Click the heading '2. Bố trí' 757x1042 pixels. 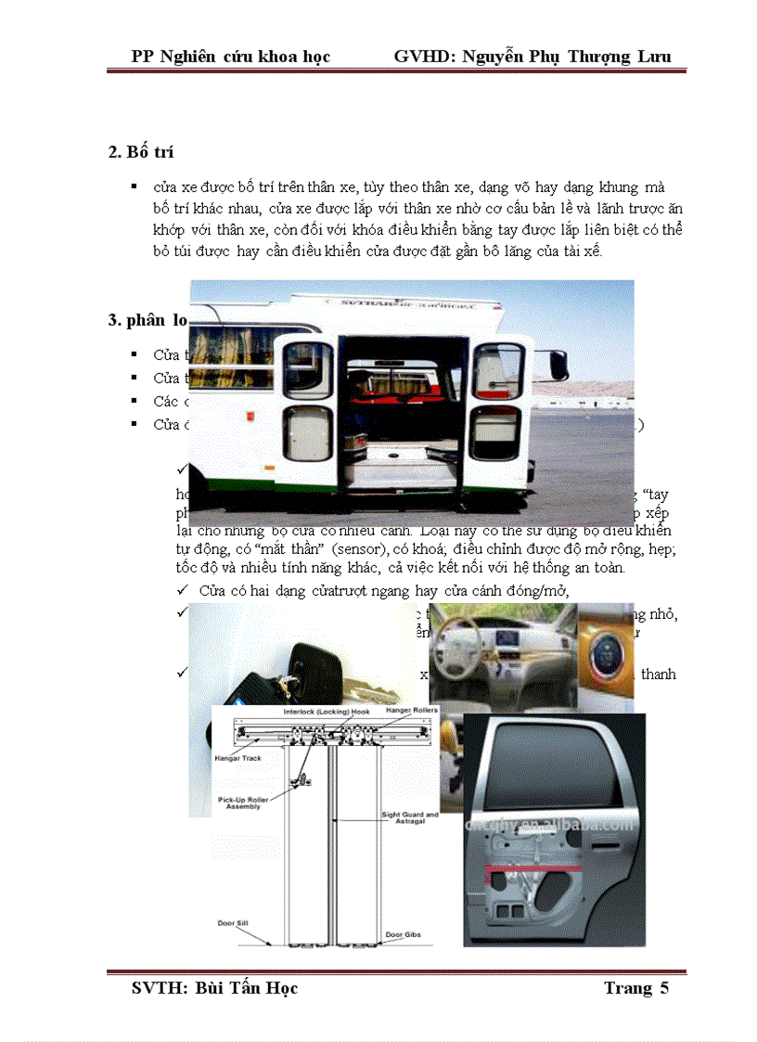(x=141, y=152)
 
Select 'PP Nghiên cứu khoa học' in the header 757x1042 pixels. (x=231, y=56)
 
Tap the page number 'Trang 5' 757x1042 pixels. (x=635, y=987)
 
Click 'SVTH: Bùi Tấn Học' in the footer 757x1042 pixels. (x=214, y=987)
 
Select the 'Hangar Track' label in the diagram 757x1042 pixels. (x=238, y=758)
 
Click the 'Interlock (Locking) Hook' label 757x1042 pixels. (x=326, y=711)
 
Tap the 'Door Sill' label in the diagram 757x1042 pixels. (x=234, y=923)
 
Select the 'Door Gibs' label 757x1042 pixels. (x=402, y=933)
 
